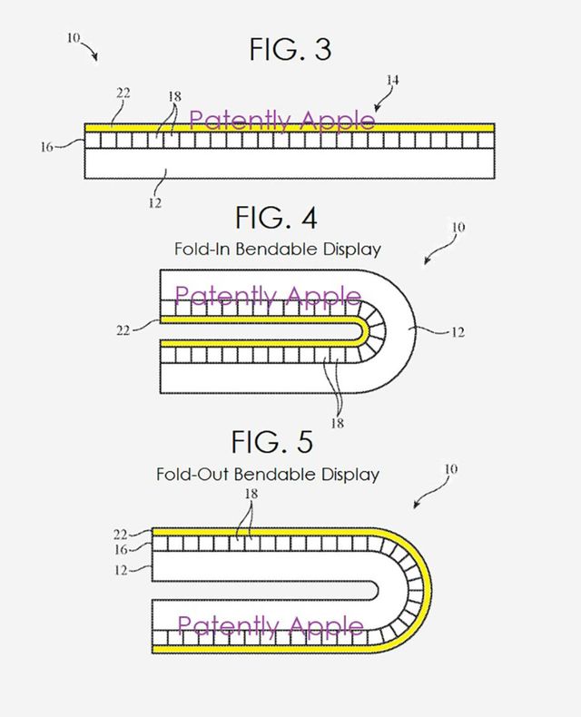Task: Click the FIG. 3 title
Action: point(290,50)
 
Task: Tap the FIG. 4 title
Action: point(276,218)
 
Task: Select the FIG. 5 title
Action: point(271,442)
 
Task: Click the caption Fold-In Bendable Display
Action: point(277,249)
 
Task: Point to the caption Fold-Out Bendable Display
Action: point(268,474)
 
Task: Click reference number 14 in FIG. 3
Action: point(391,81)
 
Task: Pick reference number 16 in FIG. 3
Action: point(46,143)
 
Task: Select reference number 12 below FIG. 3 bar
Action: point(155,202)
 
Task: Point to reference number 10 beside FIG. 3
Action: point(74,38)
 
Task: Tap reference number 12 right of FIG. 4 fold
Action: point(457,332)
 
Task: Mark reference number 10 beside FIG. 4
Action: point(456,229)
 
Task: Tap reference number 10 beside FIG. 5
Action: point(451,469)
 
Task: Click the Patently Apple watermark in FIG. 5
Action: point(271,626)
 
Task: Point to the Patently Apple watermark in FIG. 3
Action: point(281,121)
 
